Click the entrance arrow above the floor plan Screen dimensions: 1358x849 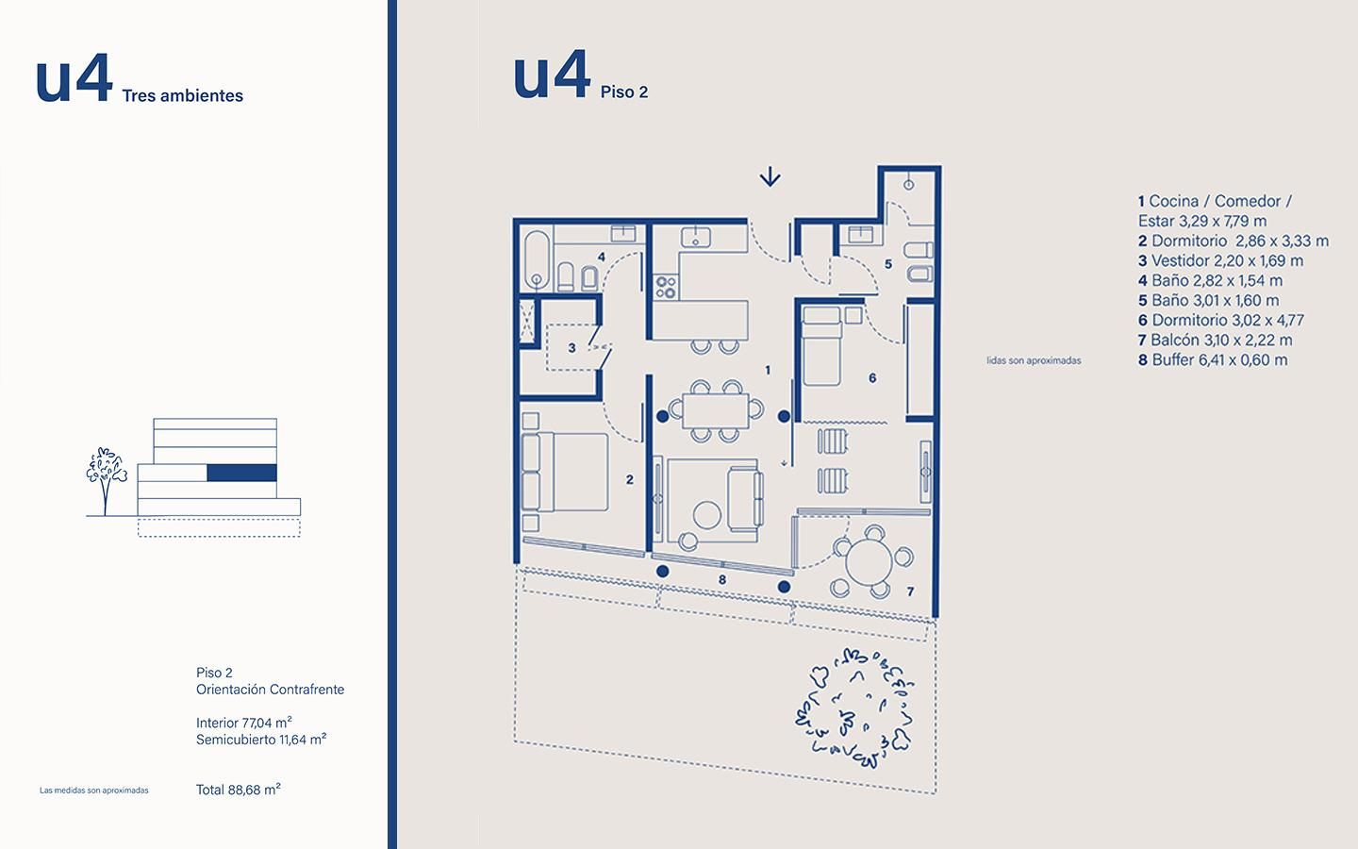[x=770, y=177]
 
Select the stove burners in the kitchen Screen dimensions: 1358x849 [x=666, y=287]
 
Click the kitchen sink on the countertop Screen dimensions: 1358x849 [x=696, y=237]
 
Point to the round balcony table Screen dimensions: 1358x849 [x=869, y=562]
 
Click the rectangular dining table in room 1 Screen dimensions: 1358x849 [x=716, y=411]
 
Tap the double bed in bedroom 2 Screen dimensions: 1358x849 [x=564, y=472]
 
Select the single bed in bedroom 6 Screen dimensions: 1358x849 [x=821, y=345]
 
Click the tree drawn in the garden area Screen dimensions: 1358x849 [x=854, y=707]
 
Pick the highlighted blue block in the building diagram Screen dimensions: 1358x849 [x=241, y=473]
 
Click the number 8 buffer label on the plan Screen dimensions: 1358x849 [x=722, y=580]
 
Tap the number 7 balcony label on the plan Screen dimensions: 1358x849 [x=910, y=591]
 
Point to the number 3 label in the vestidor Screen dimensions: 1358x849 [x=571, y=348]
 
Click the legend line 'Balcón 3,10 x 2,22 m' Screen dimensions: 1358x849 [x=1215, y=341]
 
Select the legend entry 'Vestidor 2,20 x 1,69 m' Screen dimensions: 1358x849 [x=1220, y=260]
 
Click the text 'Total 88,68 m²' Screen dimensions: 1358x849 [x=239, y=790]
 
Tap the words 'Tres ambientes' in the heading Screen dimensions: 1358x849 [x=183, y=96]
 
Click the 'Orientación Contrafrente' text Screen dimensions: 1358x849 [x=270, y=690]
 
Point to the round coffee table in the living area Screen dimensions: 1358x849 [x=707, y=515]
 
